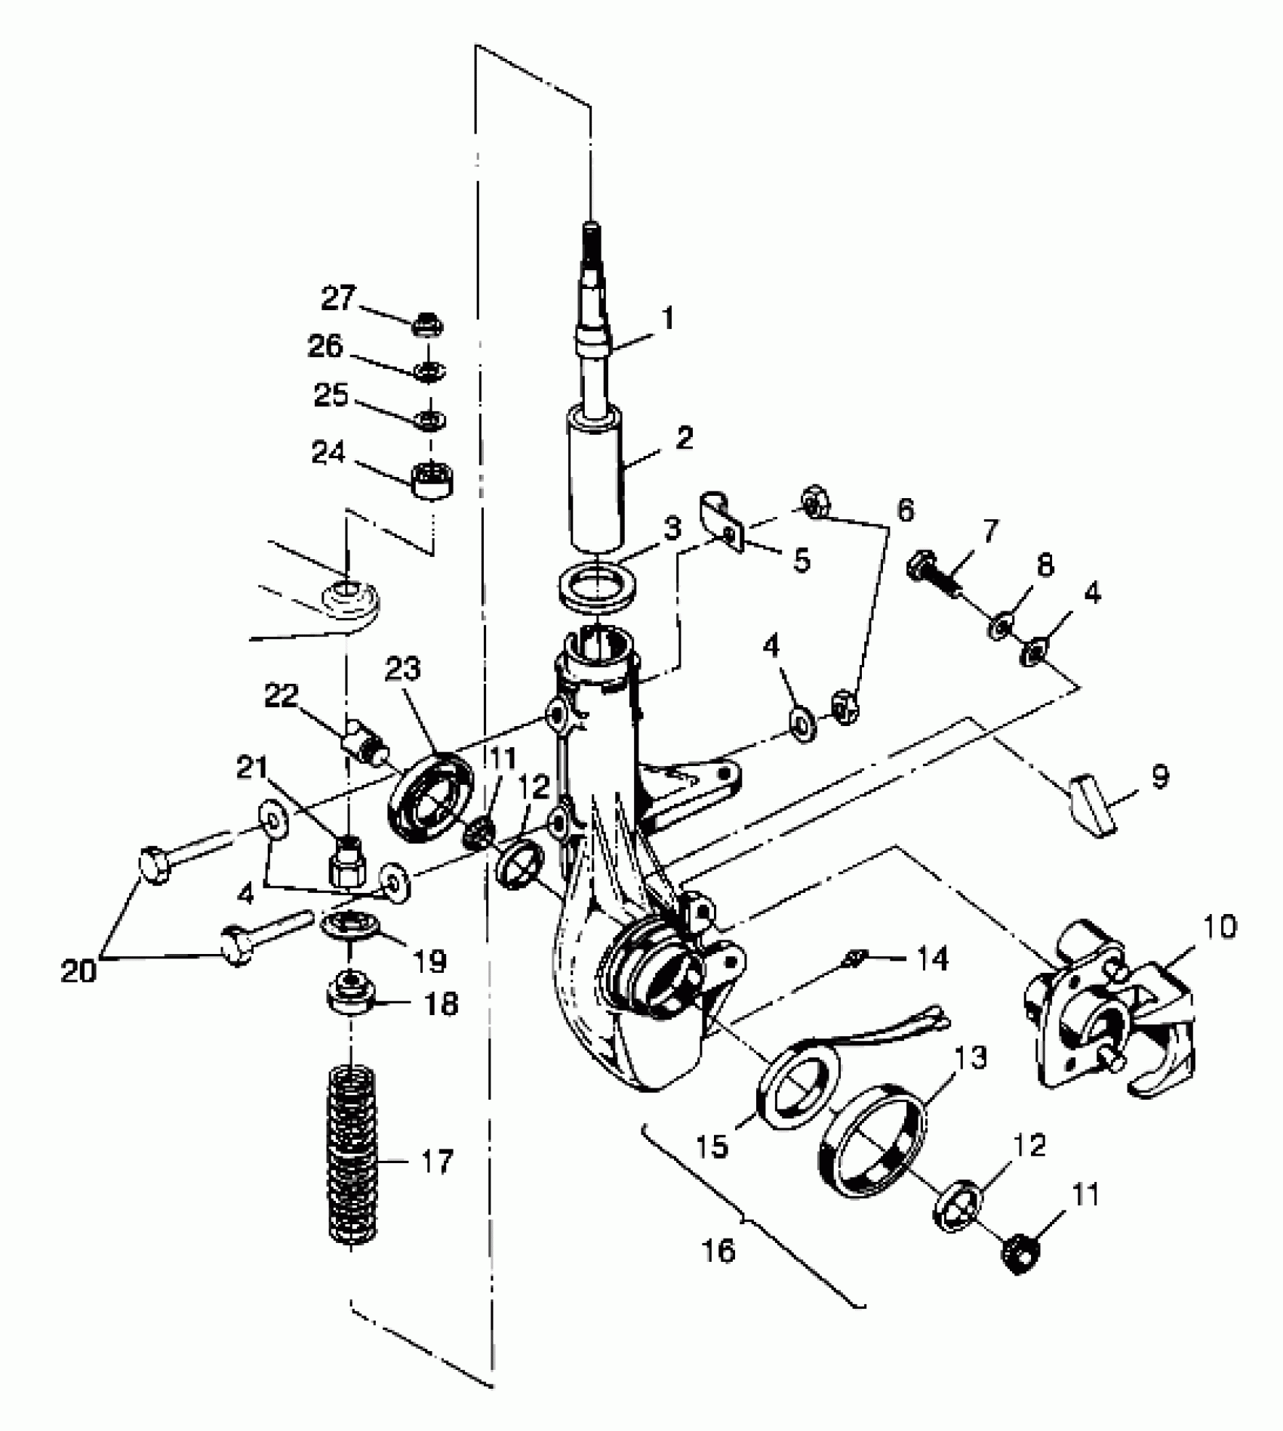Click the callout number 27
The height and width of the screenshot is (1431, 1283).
[337, 298]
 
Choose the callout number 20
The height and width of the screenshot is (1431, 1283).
[79, 971]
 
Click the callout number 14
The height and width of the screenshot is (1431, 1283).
[932, 959]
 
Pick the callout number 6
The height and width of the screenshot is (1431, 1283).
[905, 511]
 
